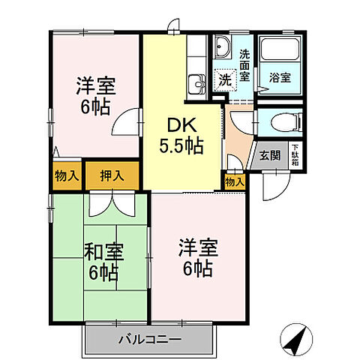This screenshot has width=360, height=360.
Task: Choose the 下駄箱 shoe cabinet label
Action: pos(295,155)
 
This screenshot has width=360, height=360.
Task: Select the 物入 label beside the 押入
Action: pos(67,175)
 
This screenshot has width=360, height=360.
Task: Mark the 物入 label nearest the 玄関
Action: pos(234,181)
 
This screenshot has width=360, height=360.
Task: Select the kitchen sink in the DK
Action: pos(196,83)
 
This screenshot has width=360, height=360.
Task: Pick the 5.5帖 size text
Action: pos(178,146)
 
